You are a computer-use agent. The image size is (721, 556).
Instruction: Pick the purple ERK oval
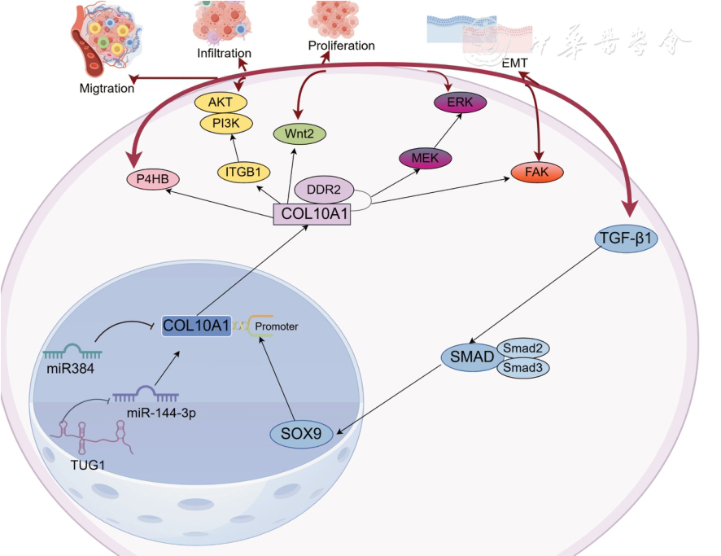point(460,103)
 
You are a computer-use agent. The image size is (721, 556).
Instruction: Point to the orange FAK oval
point(537,173)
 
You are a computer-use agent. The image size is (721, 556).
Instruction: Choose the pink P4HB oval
point(153,178)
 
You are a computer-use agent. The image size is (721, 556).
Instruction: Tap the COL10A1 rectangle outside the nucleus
point(312,215)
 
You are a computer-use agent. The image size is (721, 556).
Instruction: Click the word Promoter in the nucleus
point(277,326)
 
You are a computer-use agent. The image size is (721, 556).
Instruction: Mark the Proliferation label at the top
point(341,46)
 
